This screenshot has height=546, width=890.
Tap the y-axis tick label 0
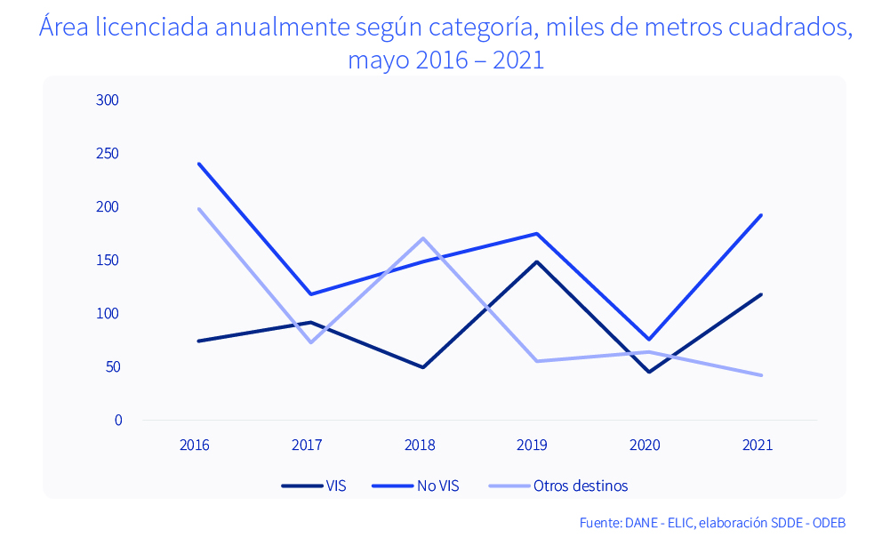[117, 421]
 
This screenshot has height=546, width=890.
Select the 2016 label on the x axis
[194, 445]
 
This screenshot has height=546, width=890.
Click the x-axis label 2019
[532, 445]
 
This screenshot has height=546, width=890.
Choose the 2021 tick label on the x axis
[758, 445]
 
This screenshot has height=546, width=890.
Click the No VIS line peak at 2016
[198, 164]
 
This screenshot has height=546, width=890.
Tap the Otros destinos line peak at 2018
[424, 238]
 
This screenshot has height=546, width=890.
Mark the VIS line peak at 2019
[537, 261]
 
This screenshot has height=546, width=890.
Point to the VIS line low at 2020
[649, 372]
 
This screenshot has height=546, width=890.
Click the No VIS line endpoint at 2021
[762, 215]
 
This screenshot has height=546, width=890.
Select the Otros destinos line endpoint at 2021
[762, 375]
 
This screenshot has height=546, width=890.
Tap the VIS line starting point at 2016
[198, 341]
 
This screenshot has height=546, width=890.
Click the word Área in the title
[63, 28]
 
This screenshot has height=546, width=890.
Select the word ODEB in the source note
[828, 522]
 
